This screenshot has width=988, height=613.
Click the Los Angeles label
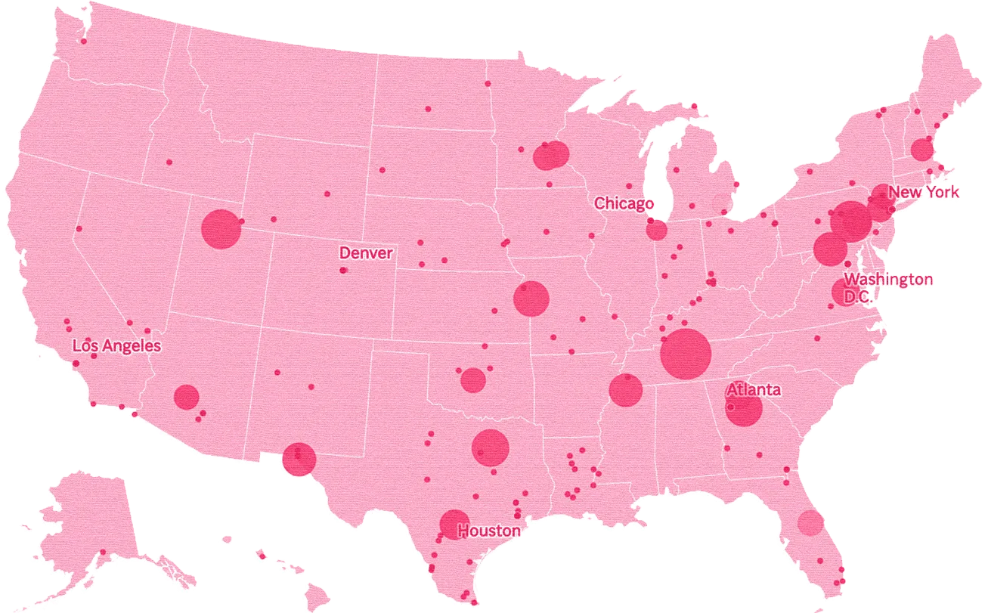tap(116, 346)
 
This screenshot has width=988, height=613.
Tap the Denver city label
tap(366, 252)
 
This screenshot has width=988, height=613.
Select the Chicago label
tap(624, 203)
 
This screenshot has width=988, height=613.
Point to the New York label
tap(925, 192)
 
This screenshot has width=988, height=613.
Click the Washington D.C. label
tap(887, 288)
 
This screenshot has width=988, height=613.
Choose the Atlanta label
tap(753, 390)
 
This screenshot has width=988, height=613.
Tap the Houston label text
tap(489, 531)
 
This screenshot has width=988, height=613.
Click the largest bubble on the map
tap(686, 354)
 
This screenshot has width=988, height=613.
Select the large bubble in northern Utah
tap(221, 229)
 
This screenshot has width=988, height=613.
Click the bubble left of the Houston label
tap(454, 525)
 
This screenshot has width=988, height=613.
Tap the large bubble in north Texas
tap(490, 447)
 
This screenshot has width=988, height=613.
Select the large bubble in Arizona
tap(186, 397)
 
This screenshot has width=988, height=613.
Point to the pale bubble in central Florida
tap(810, 522)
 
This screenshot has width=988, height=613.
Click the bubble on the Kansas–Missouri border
tap(531, 299)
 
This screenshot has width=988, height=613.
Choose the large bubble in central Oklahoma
tap(472, 380)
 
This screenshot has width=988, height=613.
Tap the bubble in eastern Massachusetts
tap(921, 150)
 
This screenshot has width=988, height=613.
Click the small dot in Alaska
tap(103, 553)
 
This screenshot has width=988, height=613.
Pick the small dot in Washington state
tap(83, 41)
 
